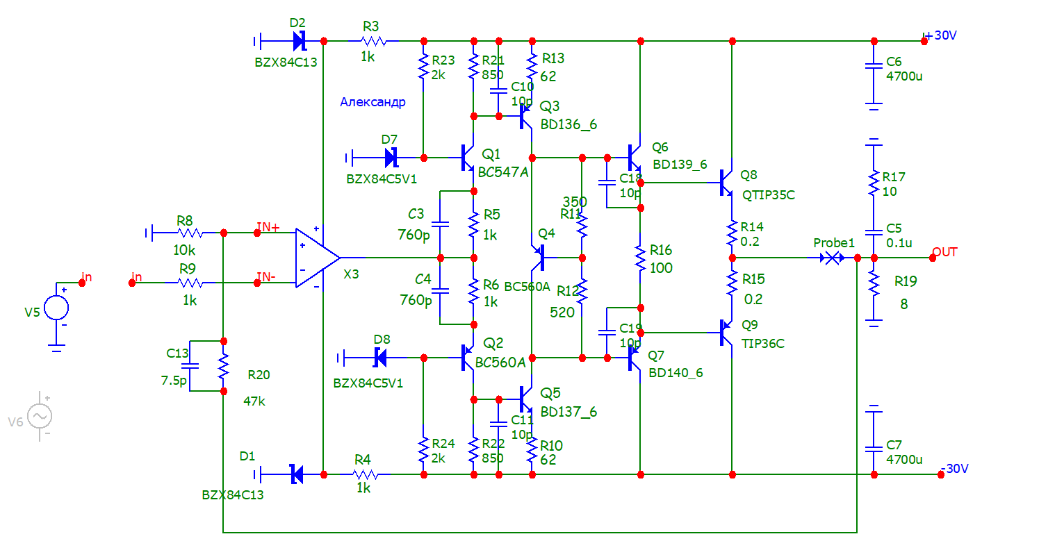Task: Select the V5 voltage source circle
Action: (57, 306)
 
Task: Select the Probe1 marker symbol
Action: (831, 258)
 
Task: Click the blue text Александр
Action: (373, 103)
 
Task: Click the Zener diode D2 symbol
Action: (300, 41)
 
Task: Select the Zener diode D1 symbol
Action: (296, 475)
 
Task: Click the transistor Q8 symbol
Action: (726, 183)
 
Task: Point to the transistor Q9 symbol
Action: (726, 333)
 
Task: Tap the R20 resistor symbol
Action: (223, 367)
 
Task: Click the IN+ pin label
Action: (268, 226)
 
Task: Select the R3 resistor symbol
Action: (374, 41)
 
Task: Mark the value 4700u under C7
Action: (905, 460)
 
